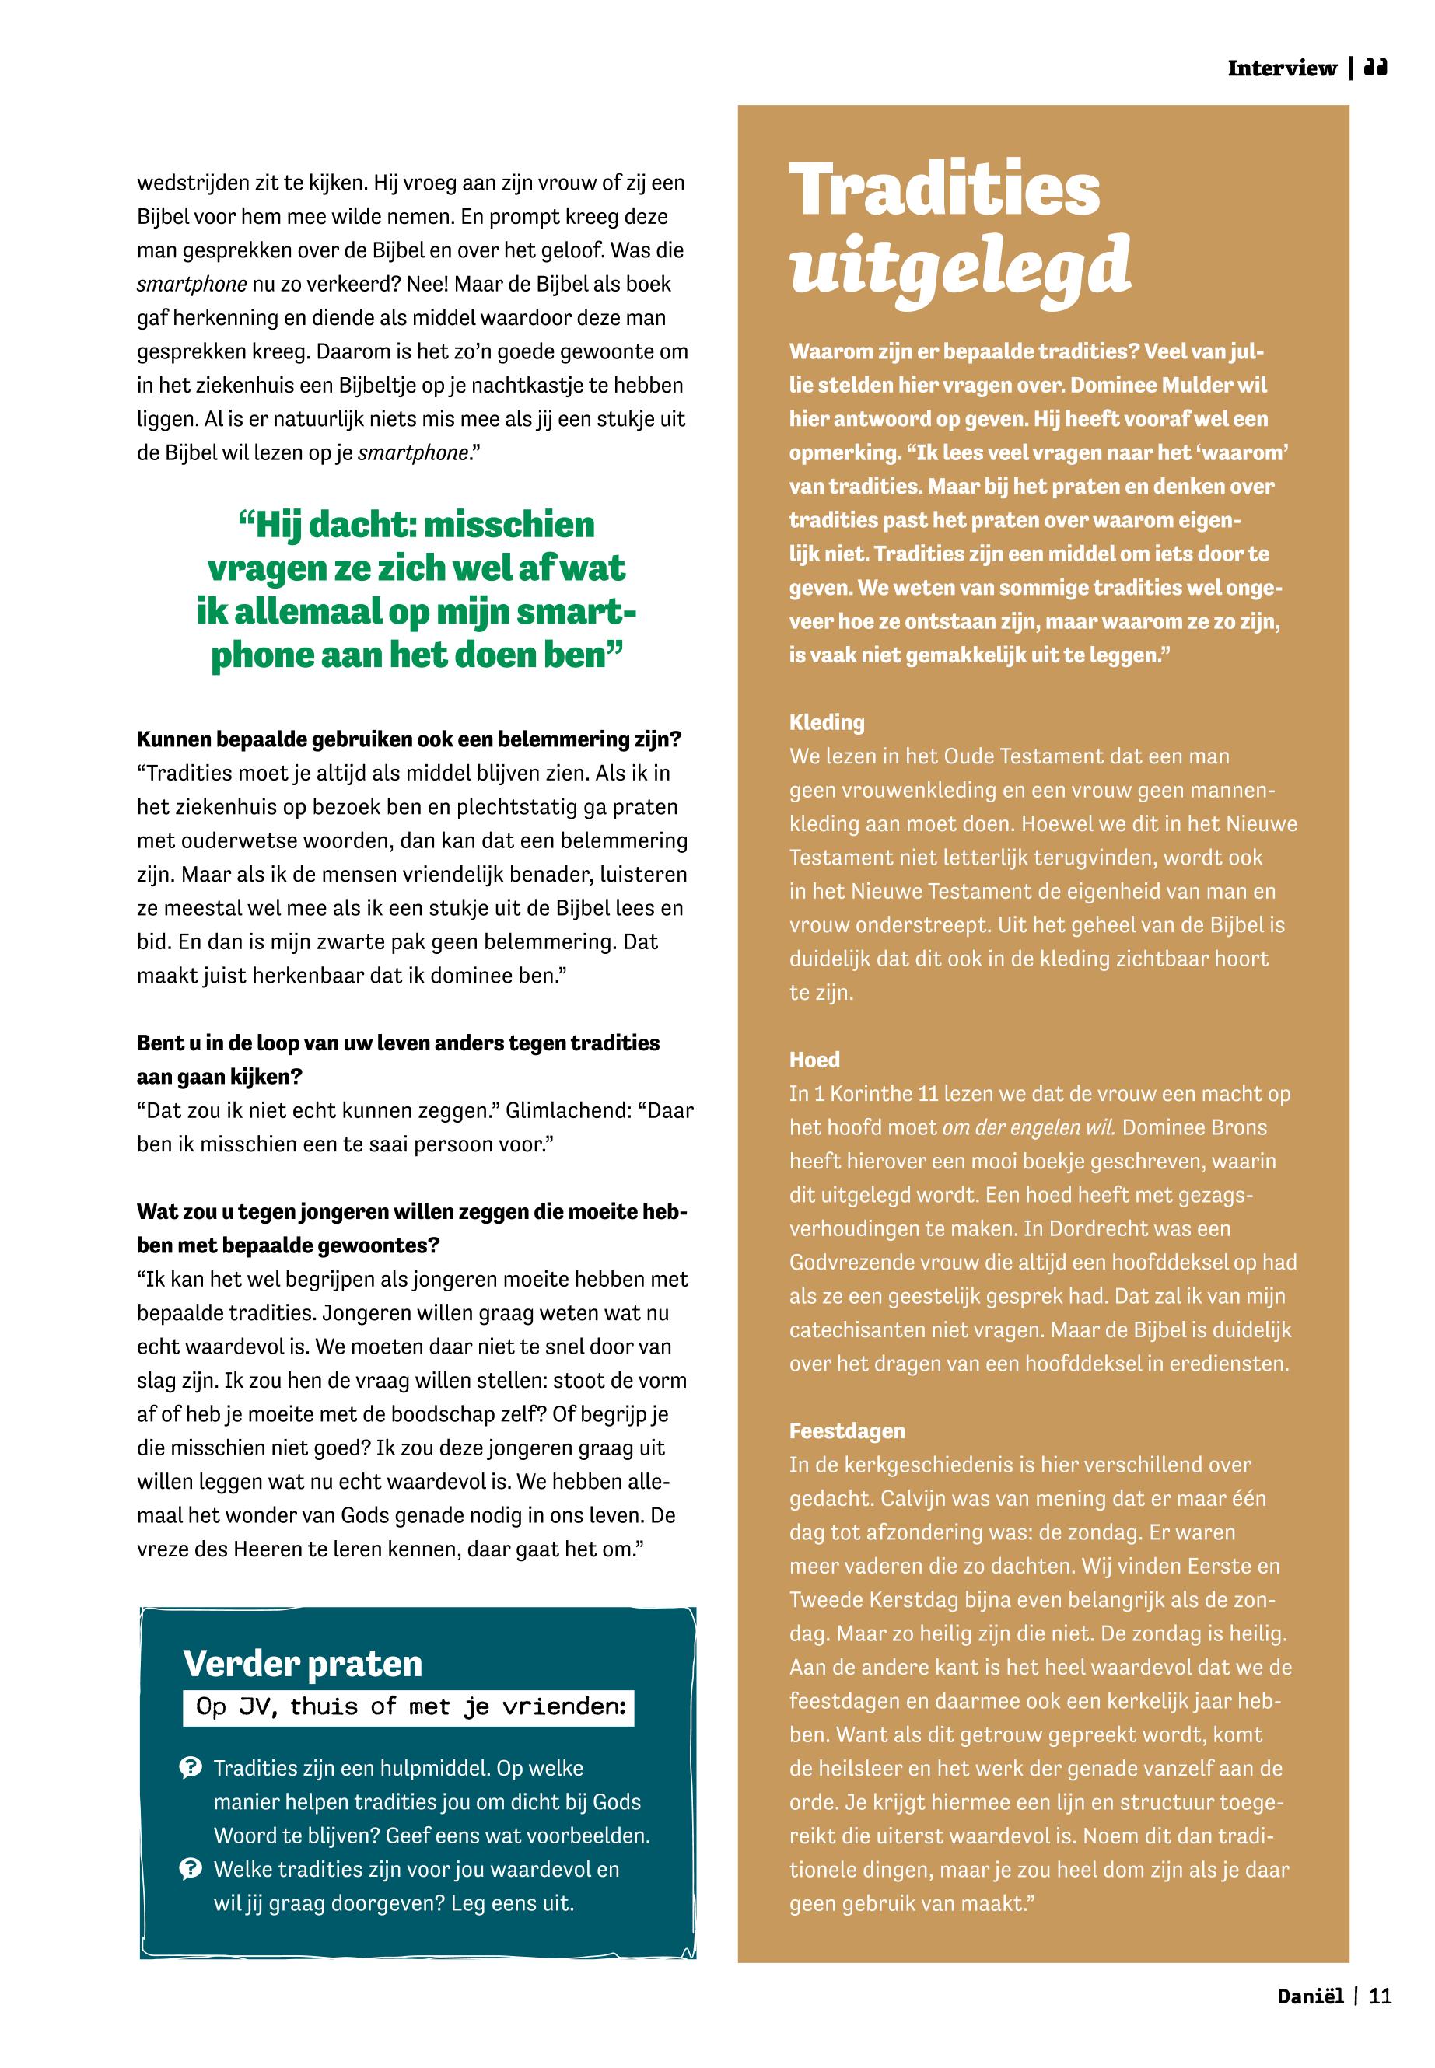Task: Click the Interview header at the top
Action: [x=1281, y=68]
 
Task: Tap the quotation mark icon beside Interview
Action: [x=1376, y=68]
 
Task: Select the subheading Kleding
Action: [x=826, y=722]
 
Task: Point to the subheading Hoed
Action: [x=814, y=1060]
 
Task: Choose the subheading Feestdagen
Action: [x=847, y=1430]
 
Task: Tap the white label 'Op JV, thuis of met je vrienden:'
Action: [x=410, y=1706]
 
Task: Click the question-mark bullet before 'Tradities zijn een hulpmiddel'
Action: [x=191, y=1769]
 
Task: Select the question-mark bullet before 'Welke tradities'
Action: [x=191, y=1870]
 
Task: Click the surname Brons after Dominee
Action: [x=1237, y=1127]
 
